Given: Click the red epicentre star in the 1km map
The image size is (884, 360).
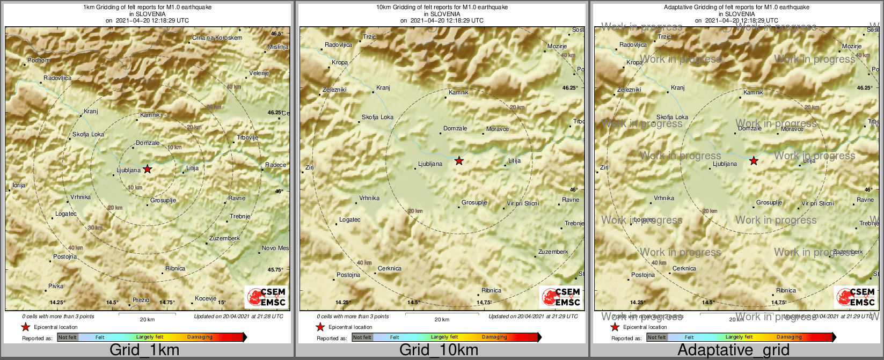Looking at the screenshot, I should [148, 169].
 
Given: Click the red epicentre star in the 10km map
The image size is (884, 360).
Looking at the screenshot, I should [459, 161].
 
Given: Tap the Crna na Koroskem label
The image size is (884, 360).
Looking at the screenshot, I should [217, 38].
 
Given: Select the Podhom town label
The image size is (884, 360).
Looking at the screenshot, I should [39, 61].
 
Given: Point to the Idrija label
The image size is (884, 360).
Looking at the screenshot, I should [18, 186].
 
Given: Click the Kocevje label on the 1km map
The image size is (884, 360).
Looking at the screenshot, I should [206, 299].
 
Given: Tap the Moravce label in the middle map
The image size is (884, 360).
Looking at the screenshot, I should [498, 129].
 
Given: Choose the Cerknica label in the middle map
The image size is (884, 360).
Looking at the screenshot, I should [390, 269].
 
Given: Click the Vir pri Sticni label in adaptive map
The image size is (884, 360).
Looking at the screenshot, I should [817, 204].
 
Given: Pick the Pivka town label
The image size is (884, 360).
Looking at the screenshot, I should [56, 286].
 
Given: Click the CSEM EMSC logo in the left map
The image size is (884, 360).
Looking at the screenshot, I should [266, 297].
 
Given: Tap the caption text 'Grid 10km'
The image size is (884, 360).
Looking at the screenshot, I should [439, 350].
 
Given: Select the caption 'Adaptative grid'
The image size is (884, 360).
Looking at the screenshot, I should [733, 350].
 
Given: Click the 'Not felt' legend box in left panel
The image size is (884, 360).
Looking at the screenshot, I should [68, 337].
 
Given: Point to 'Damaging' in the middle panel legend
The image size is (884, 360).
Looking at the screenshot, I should [494, 337].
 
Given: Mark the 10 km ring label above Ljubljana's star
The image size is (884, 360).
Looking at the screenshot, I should [174, 148].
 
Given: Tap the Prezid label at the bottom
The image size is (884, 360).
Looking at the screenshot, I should [141, 300].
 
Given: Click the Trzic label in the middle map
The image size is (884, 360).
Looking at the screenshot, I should [370, 37].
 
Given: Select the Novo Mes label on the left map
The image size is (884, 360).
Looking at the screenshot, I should [275, 248].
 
